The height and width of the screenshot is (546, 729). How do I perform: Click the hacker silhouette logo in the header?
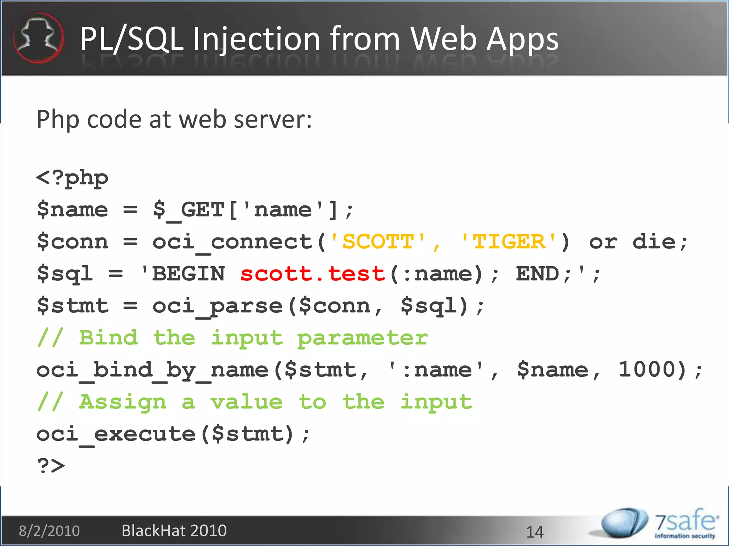pyautogui.click(x=38, y=38)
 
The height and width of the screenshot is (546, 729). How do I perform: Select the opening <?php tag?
pyautogui.click(x=72, y=178)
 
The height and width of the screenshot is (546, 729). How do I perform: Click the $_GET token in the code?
pyautogui.click(x=189, y=210)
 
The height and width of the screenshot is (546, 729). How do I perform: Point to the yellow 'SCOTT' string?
pyautogui.click(x=378, y=242)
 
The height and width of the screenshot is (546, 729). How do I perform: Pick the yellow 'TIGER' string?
pyautogui.click(x=509, y=242)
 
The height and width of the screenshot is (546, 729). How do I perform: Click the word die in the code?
pyautogui.click(x=654, y=242)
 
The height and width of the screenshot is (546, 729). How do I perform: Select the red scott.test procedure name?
pyautogui.click(x=313, y=274)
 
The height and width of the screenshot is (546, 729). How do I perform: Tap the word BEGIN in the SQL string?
pyautogui.click(x=189, y=274)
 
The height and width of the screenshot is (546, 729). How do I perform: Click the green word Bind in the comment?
pyautogui.click(x=108, y=338)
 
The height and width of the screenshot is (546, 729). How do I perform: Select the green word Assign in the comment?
pyautogui.click(x=122, y=402)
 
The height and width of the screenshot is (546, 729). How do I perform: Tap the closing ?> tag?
pyautogui.click(x=51, y=466)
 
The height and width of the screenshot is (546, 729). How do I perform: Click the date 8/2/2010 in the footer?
pyautogui.click(x=49, y=531)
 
